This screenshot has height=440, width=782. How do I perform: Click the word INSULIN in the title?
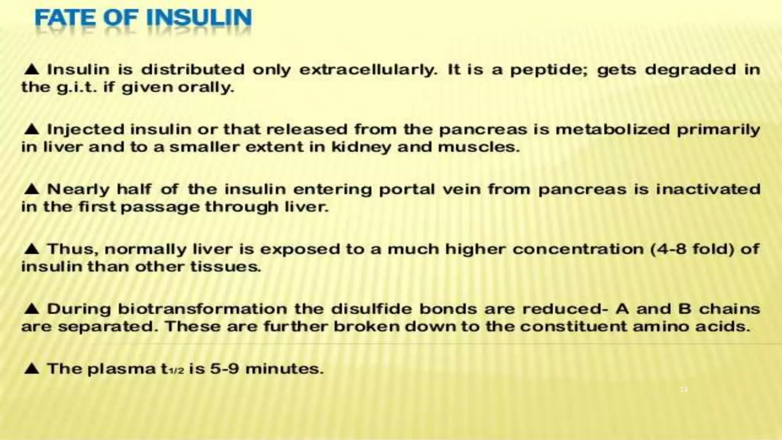coord(199,18)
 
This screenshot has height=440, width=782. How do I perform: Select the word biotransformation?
coord(202,309)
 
